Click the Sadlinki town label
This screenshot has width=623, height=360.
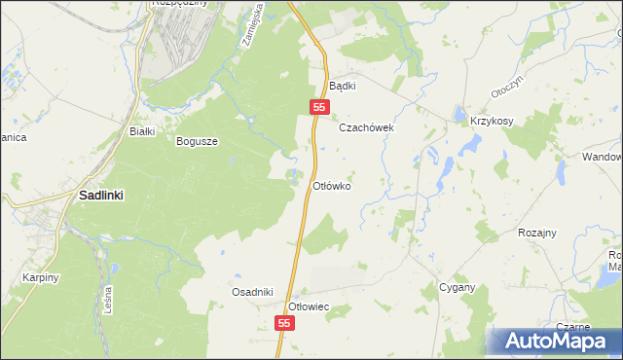(x=100, y=195)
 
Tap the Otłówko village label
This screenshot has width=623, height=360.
(x=331, y=185)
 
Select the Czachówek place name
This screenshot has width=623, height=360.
(x=365, y=127)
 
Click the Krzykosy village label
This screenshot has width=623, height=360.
(x=492, y=121)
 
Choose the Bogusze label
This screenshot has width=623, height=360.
(x=197, y=140)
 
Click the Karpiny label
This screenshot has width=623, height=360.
(x=42, y=277)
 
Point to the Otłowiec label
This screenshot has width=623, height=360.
(x=311, y=306)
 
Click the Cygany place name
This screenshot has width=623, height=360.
(x=457, y=287)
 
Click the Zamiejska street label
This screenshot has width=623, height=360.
(x=249, y=23)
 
